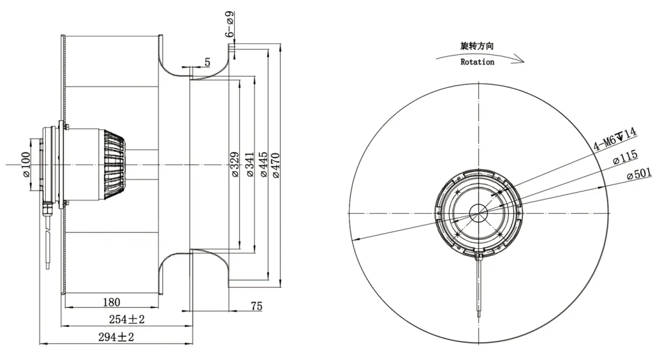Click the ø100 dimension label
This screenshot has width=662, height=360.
click(x=26, y=165)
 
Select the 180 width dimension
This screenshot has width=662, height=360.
click(x=111, y=302)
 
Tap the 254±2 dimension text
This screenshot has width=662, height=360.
click(x=127, y=319)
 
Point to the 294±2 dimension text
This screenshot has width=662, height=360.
click(x=116, y=337)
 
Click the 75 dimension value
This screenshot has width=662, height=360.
click(x=256, y=306)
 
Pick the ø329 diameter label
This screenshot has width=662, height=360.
click(x=235, y=164)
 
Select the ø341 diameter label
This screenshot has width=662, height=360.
click(x=250, y=164)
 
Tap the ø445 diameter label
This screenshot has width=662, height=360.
click(x=263, y=164)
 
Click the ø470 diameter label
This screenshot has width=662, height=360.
click(x=275, y=165)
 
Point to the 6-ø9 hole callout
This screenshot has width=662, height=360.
click(x=230, y=25)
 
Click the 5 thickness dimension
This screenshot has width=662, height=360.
click(x=208, y=62)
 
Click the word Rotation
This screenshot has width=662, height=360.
click(x=477, y=62)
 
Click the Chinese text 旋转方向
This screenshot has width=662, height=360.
click(x=476, y=46)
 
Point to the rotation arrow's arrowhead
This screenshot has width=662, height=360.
click(x=519, y=60)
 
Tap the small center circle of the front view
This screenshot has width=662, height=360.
click(x=479, y=213)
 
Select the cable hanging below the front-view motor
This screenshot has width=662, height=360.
click(x=479, y=287)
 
